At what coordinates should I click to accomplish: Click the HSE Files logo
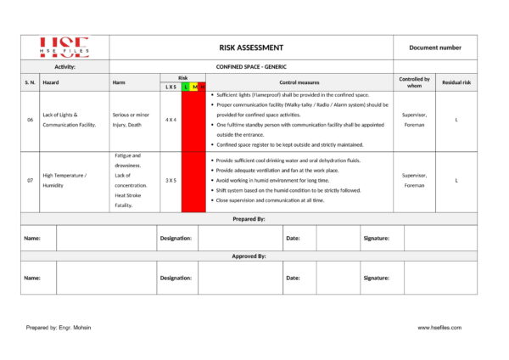coord(65,48)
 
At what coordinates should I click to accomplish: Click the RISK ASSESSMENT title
coord(251,48)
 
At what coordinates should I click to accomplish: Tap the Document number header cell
coord(435,48)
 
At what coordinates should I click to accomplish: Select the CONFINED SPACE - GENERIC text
coord(251,65)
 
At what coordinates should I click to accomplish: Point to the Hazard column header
coord(52,82)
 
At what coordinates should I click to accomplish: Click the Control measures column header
coord(299,82)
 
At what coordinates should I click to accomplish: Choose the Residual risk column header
coord(456,82)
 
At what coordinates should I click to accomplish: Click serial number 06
coord(30,120)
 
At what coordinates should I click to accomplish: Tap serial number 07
coord(30,180)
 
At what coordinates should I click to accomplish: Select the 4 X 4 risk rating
coord(171,120)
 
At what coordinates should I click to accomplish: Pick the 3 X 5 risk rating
coord(171,180)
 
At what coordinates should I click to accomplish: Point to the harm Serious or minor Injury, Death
coord(131,120)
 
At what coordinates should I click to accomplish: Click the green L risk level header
coord(186,87)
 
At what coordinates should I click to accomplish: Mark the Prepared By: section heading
coord(249,219)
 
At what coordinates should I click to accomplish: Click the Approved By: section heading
coord(249,256)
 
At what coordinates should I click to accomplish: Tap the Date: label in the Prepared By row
coord(293,238)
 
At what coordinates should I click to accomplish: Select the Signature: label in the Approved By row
coord(376,278)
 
